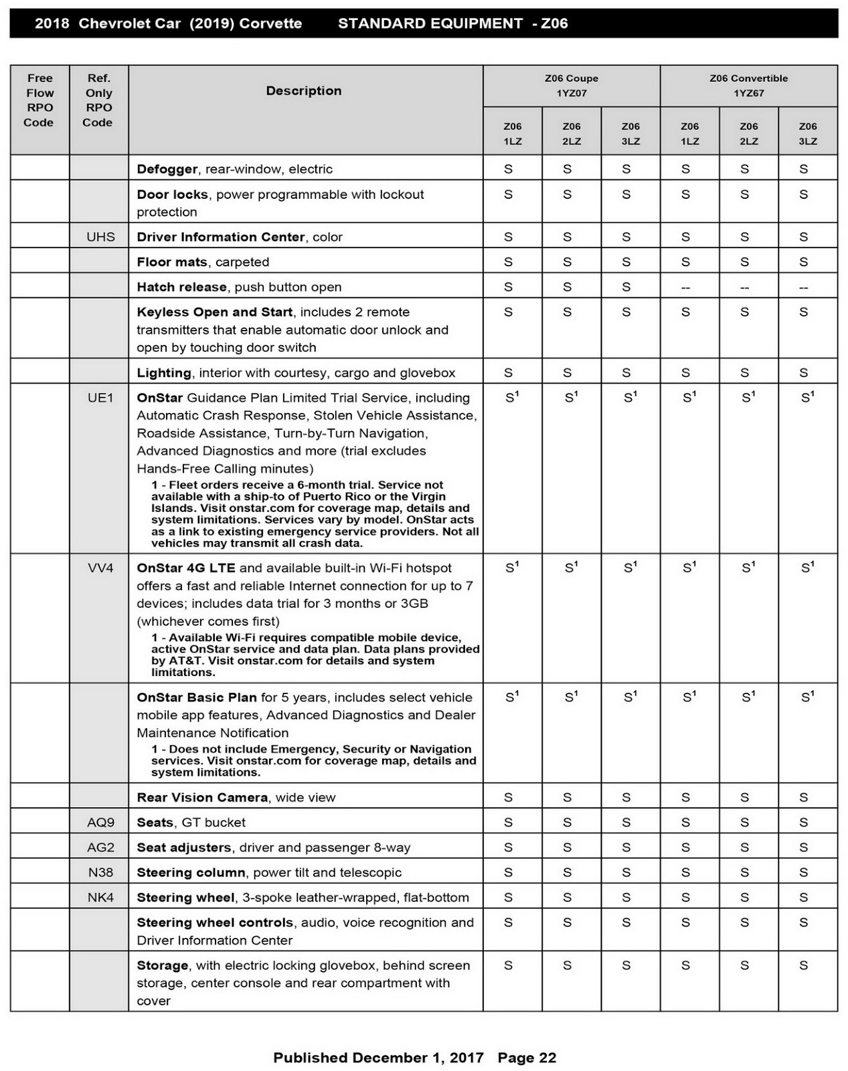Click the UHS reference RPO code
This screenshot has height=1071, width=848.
point(100,237)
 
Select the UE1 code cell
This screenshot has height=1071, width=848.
point(100,398)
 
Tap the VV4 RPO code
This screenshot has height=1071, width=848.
point(100,568)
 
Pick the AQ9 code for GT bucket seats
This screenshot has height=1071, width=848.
point(100,822)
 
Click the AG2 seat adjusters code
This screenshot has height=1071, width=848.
point(100,847)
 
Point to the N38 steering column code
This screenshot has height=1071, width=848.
point(100,872)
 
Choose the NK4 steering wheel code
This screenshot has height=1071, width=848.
point(100,898)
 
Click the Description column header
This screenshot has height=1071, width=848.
point(304,91)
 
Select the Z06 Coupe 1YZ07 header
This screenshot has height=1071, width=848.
point(572,86)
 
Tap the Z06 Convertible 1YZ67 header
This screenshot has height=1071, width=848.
point(748,86)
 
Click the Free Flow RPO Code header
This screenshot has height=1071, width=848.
point(39,100)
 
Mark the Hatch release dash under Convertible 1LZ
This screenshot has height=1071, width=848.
point(685,288)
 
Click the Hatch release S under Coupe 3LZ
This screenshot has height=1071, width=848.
point(626,287)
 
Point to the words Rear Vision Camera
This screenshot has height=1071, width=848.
point(202,797)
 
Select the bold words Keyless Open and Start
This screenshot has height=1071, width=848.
point(214,312)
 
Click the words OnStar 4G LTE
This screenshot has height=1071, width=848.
point(186,568)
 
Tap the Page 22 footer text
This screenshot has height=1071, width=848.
point(527,1058)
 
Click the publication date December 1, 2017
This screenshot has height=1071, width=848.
point(418,1058)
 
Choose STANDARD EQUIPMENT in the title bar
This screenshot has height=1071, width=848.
point(430,23)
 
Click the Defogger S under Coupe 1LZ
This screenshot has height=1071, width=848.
point(509,169)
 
